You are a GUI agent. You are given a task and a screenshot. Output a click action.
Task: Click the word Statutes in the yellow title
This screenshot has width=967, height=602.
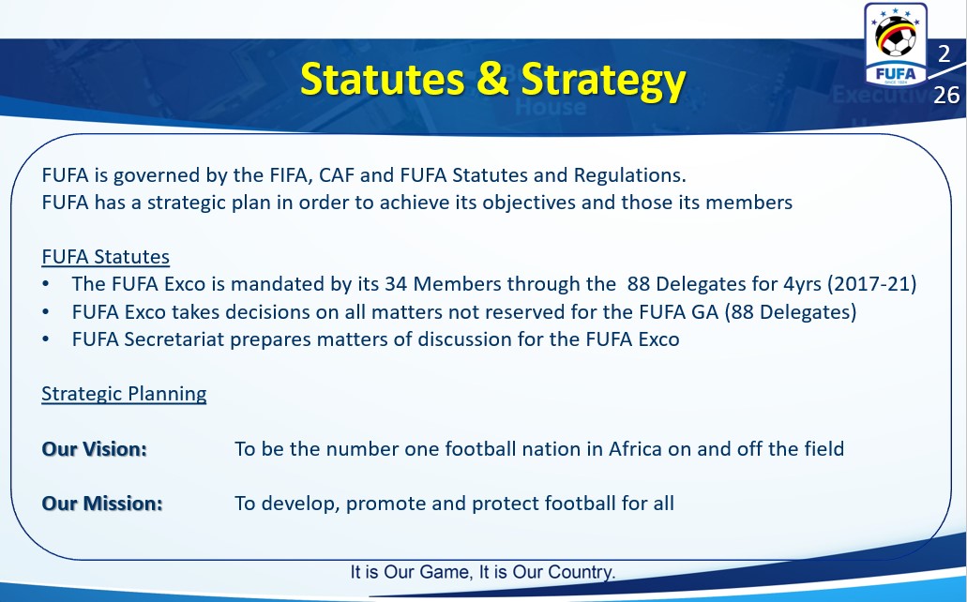pos(383,79)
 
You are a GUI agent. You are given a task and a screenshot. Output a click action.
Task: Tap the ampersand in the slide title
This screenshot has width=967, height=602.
pos(492,79)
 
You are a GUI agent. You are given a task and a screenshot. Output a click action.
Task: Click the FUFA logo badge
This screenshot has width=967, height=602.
pos(896,44)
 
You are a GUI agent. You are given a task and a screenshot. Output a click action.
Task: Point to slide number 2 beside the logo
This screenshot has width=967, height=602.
pos(944,54)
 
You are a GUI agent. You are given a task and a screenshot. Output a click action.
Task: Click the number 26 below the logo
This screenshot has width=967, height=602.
pos(946,95)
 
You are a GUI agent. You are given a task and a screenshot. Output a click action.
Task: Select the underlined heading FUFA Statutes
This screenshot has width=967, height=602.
pos(105,257)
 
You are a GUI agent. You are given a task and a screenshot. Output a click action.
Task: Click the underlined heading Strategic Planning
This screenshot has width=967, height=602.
pos(124,394)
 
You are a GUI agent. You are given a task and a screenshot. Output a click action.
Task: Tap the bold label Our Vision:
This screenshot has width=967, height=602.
pos(95,449)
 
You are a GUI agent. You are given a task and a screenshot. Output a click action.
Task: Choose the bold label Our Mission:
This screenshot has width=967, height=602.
pos(102,504)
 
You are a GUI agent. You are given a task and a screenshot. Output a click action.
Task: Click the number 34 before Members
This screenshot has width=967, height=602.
pos(396,284)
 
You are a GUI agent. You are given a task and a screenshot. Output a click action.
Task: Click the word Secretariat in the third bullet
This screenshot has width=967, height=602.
pos(174,339)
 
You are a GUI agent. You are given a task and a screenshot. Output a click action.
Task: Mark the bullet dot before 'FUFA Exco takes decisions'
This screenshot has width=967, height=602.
pos(46,312)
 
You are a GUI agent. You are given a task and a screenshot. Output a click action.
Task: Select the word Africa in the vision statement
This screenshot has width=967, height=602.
pos(635,448)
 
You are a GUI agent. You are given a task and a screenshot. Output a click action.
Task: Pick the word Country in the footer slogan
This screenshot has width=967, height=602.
pos(581,572)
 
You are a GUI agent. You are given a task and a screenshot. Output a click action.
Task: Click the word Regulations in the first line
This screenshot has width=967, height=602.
pos(629,175)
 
